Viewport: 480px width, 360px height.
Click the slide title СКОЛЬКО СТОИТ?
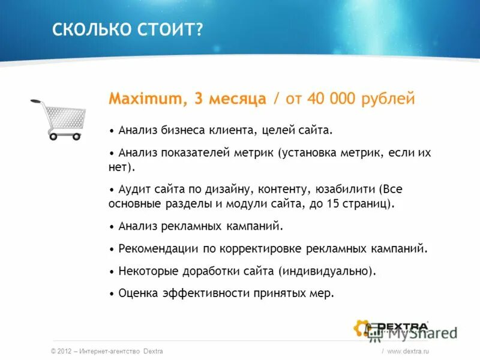[x=127, y=29]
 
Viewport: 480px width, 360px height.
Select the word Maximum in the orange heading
[x=147, y=99]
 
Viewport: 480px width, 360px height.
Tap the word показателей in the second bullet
[x=195, y=153]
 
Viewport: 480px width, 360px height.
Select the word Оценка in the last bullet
[x=139, y=293]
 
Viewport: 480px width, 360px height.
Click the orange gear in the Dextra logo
[x=362, y=328]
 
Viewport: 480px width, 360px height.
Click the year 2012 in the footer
[x=65, y=351]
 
